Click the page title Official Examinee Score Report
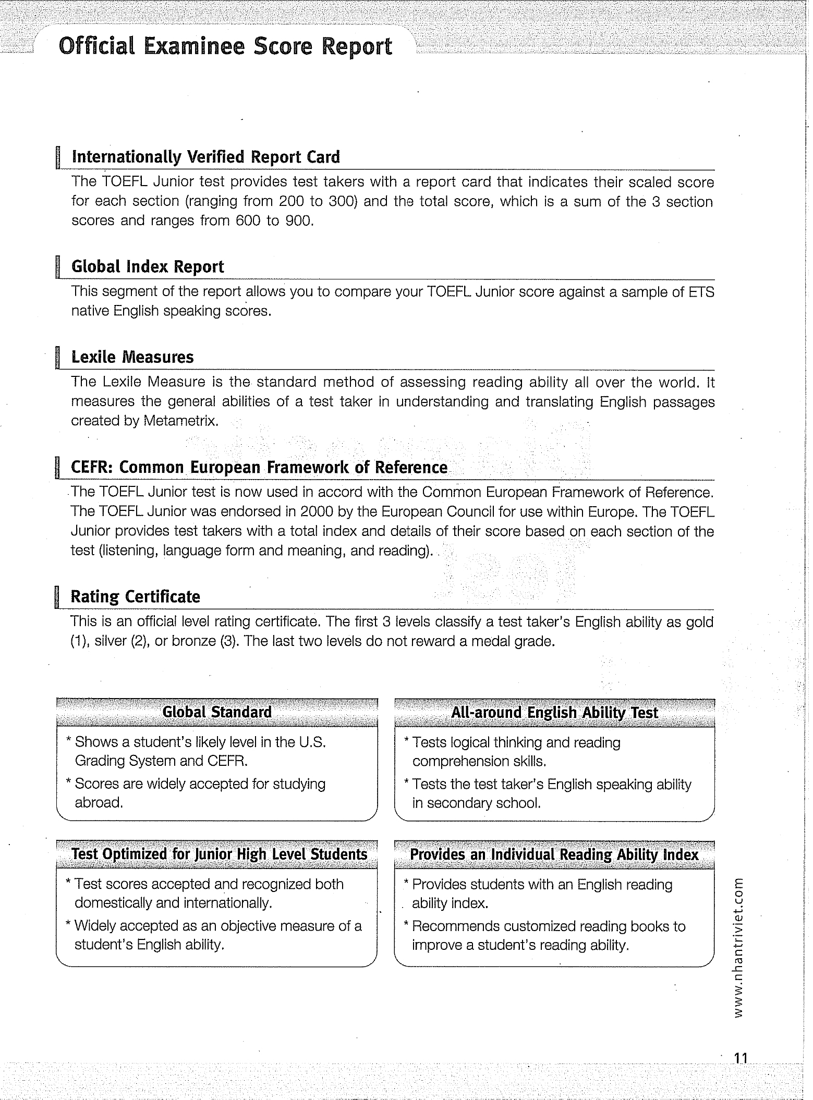225,47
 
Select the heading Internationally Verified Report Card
205,157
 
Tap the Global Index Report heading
148,266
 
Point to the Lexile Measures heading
132,357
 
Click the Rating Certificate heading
135,596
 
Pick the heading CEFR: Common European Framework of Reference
259,467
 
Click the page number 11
741,1058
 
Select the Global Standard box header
217,712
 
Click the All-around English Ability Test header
554,713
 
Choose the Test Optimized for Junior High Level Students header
219,854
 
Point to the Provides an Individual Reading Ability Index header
554,855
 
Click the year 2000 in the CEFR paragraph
316,512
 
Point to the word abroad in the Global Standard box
99,802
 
